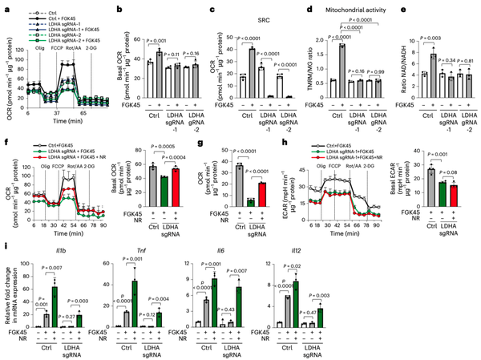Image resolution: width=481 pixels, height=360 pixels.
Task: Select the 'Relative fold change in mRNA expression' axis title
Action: click(7, 301)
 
